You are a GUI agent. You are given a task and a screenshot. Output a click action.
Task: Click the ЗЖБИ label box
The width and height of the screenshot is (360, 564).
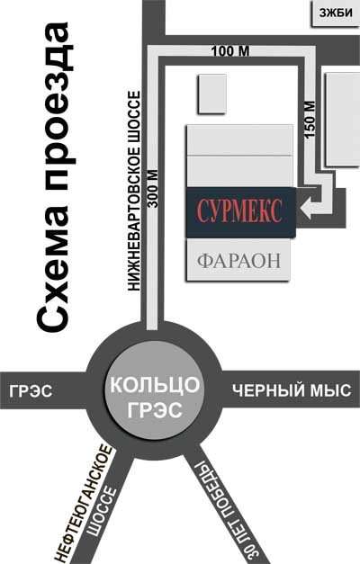[335, 13]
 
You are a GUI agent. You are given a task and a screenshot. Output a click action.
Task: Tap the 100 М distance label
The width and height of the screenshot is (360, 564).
[230, 51]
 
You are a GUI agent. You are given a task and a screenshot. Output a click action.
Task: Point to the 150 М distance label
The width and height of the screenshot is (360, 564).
[310, 120]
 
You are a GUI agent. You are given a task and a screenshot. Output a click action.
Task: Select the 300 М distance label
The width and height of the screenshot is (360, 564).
[153, 189]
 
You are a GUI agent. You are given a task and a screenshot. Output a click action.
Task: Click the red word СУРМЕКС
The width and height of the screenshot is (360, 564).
[239, 211]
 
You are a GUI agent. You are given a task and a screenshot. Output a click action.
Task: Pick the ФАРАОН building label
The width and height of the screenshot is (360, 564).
[238, 261]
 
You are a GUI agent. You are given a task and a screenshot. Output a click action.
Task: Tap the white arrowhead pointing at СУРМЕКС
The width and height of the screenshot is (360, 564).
[306, 209]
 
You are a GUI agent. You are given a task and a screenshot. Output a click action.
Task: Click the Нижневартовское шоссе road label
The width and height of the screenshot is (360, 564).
[134, 191]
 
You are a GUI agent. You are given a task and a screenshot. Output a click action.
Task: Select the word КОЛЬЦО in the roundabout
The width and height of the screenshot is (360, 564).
[155, 384]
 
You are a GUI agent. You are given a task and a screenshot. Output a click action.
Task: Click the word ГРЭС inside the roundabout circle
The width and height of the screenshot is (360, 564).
[155, 409]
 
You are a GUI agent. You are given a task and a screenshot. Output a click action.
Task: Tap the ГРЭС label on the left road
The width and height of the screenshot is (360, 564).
[31, 391]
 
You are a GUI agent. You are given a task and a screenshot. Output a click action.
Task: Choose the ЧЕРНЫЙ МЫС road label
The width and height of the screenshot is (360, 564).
[292, 390]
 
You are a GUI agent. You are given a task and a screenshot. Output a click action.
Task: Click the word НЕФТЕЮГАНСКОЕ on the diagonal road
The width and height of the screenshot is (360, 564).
[84, 504]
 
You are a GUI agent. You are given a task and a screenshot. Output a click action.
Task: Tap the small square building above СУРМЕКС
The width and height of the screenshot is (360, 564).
[212, 94]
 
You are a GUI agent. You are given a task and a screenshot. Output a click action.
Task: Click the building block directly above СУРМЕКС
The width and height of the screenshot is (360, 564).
[239, 171]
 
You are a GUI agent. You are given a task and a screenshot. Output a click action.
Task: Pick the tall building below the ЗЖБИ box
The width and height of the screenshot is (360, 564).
[342, 119]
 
